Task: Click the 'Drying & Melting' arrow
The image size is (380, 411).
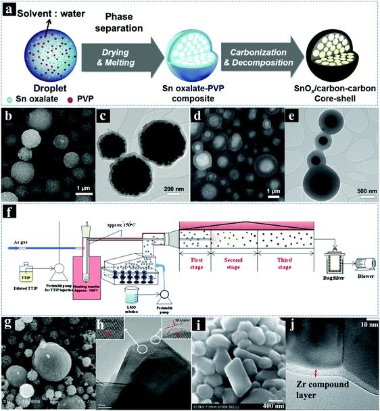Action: pos(118,57)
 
